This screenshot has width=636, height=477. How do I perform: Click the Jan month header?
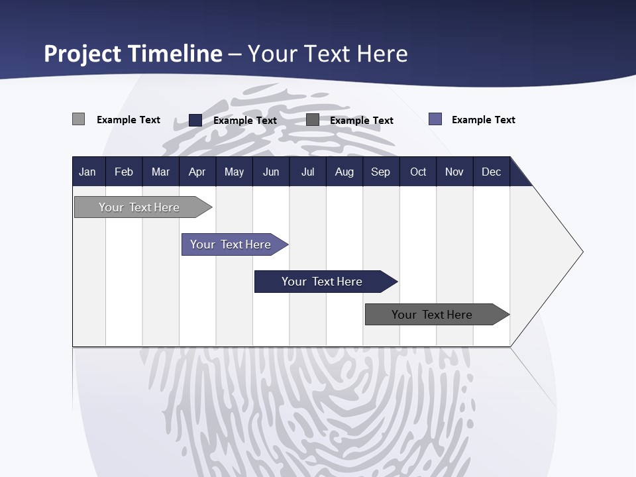coord(87,172)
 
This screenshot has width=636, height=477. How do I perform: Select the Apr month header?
coord(197,172)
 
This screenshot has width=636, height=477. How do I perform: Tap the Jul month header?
coord(307,172)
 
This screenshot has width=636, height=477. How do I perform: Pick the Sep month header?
coord(380,172)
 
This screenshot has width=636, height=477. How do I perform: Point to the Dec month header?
coord(491,172)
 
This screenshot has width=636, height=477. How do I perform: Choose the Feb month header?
coord(124,172)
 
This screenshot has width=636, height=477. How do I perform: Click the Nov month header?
coord(454,172)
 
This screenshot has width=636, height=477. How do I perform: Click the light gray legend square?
coord(78,119)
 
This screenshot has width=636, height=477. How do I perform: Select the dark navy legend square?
coord(195,120)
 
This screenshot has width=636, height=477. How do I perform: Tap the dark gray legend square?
coord(313,120)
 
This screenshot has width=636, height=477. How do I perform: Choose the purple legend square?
coord(435,119)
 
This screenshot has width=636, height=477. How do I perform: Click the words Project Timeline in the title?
coord(133,54)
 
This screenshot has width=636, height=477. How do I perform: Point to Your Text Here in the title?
coord(328,54)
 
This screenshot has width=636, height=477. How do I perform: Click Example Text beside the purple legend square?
coord(483,120)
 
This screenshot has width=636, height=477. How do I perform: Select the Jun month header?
coord(271,172)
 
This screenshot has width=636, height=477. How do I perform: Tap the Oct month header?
coord(418,172)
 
